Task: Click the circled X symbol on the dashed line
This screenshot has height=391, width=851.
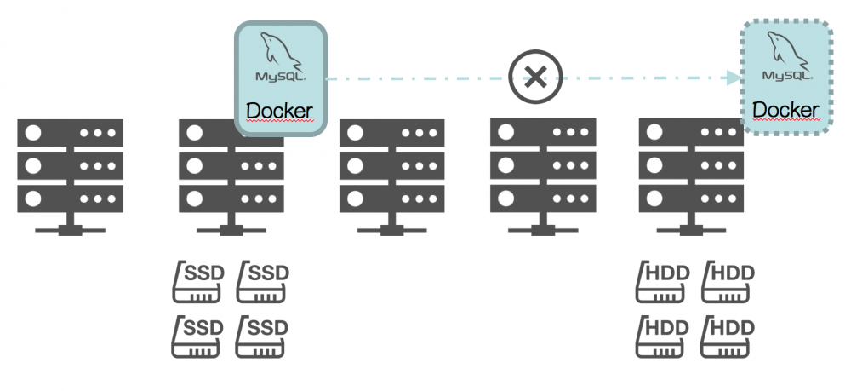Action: pyautogui.click(x=534, y=78)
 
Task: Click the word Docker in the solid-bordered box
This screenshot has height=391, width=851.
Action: pyautogui.click(x=279, y=112)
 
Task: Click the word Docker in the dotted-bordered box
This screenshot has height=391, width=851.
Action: pyautogui.click(x=785, y=109)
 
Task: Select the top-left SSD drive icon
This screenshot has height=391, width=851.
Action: pyautogui.click(x=199, y=281)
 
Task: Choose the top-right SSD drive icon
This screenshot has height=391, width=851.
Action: pyautogui.click(x=264, y=281)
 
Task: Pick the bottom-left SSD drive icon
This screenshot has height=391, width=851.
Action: pyautogui.click(x=199, y=336)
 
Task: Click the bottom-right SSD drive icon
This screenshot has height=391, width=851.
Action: pyautogui.click(x=264, y=336)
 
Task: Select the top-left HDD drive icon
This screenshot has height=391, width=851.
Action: pyautogui.click(x=662, y=281)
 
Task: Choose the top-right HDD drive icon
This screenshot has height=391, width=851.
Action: pyautogui.click(x=728, y=281)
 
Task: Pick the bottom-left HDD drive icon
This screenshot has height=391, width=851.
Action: pyautogui.click(x=662, y=336)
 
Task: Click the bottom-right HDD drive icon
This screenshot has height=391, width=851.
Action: pyautogui.click(x=728, y=336)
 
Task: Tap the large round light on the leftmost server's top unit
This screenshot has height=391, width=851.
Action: pyautogui.click(x=35, y=134)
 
